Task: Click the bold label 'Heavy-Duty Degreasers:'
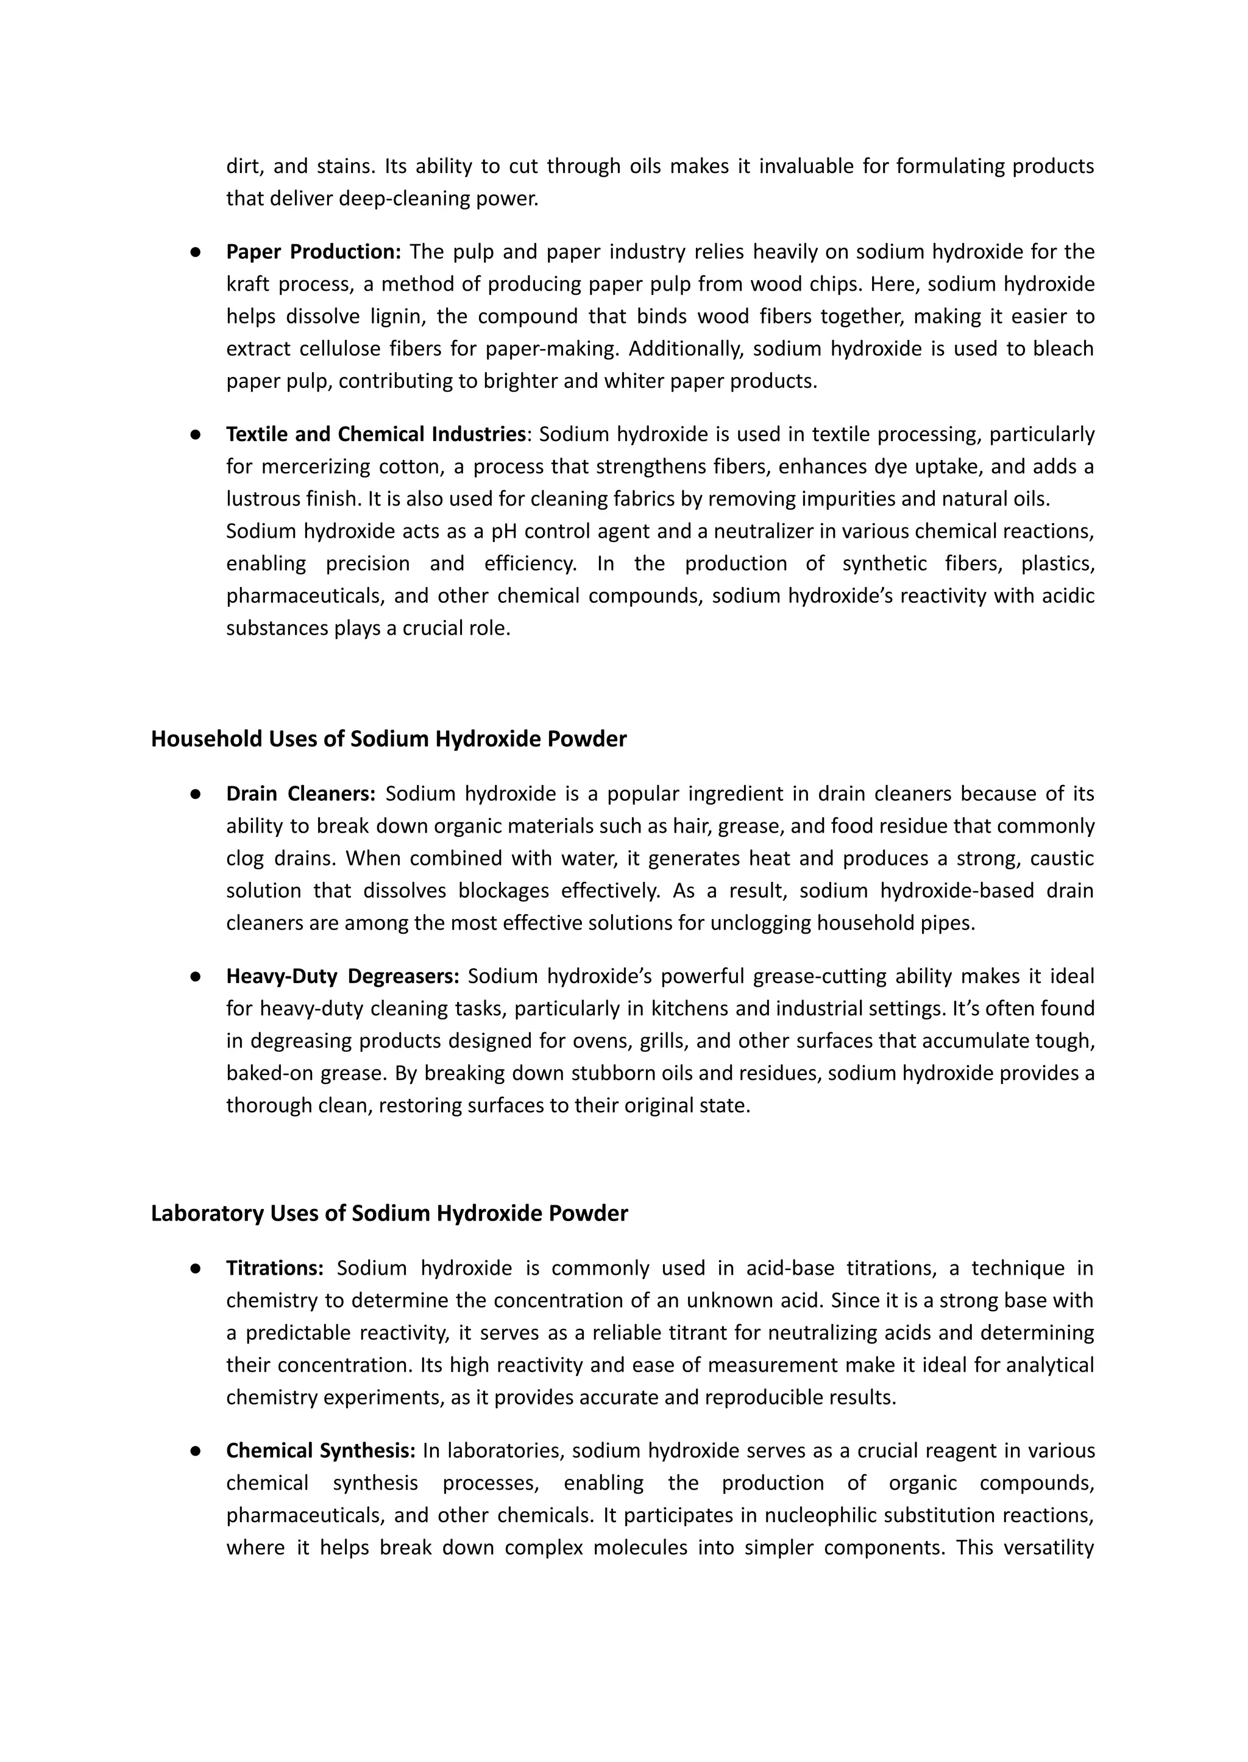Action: tap(342, 976)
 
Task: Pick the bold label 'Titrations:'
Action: tap(275, 1268)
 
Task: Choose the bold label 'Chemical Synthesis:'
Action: tap(321, 1451)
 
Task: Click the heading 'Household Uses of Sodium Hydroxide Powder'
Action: tap(388, 739)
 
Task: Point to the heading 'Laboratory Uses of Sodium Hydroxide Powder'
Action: tap(389, 1214)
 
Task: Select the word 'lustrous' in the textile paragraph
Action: tap(260, 499)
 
